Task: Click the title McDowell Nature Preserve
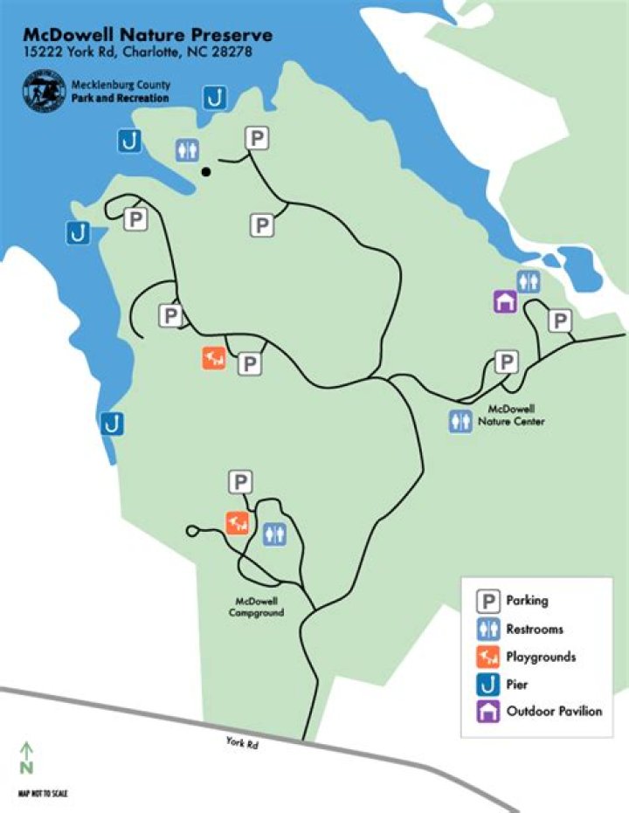148,36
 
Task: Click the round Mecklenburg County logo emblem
45,92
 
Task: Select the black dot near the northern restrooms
206,171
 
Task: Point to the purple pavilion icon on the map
505,301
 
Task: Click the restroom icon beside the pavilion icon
528,281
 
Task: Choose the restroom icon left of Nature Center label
460,421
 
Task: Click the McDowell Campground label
258,606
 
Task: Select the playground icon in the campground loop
238,522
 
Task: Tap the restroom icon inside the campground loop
274,534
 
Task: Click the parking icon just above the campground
240,482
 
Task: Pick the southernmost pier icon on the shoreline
111,424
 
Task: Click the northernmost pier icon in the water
215,98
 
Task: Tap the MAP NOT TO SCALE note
43,793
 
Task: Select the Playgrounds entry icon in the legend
488,657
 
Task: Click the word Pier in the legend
518,685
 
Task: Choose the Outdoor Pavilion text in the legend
554,711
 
